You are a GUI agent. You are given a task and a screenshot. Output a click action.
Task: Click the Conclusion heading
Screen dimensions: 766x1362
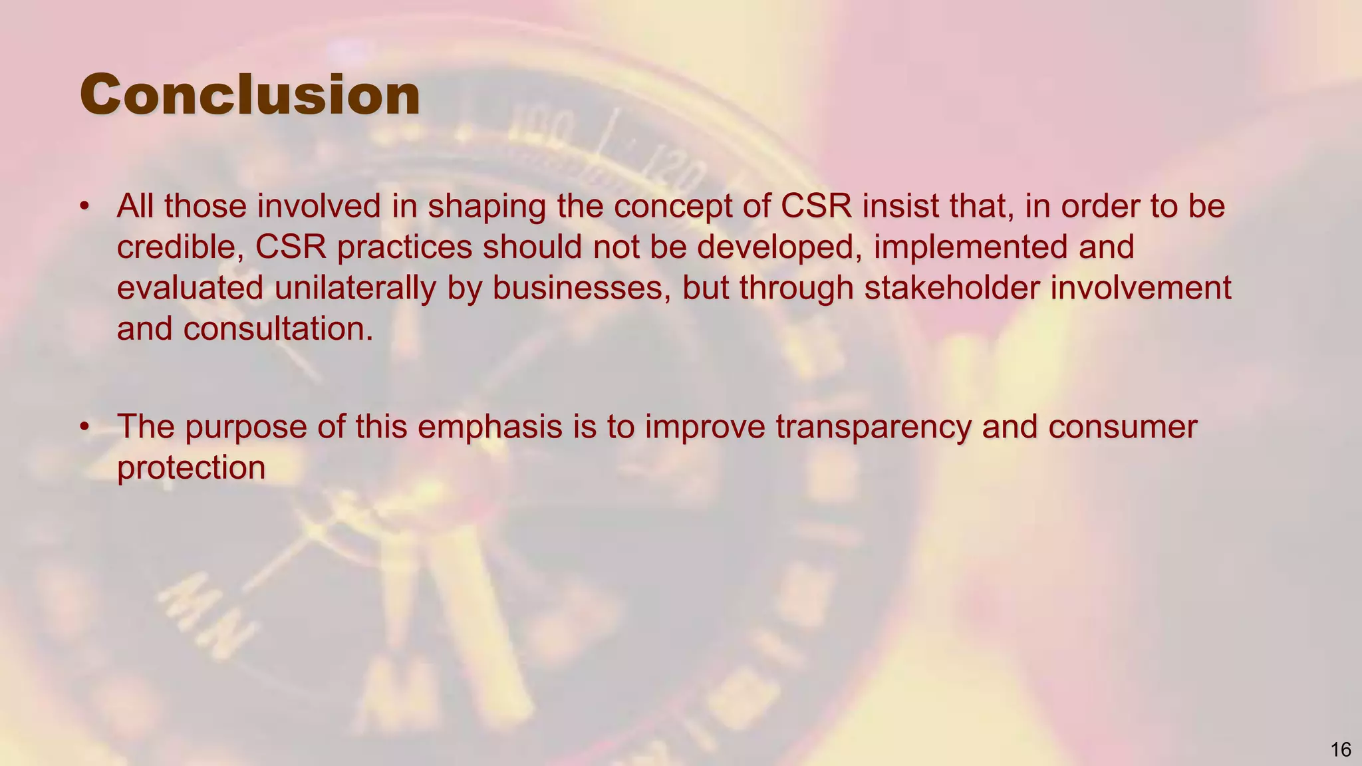coord(250,95)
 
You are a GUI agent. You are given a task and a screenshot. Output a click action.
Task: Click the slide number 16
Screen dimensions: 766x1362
coord(1341,750)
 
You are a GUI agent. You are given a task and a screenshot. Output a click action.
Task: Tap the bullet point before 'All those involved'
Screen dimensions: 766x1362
coord(84,206)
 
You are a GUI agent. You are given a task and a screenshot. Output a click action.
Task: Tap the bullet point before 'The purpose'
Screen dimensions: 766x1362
coord(84,426)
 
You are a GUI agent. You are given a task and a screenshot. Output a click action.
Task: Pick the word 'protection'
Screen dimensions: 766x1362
coord(192,468)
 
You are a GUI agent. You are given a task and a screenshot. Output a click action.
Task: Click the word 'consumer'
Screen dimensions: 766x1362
coord(1123,427)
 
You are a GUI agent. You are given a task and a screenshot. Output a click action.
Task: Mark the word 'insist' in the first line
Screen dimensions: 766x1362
coord(900,206)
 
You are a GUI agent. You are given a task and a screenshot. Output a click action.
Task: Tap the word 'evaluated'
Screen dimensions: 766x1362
coord(190,289)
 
